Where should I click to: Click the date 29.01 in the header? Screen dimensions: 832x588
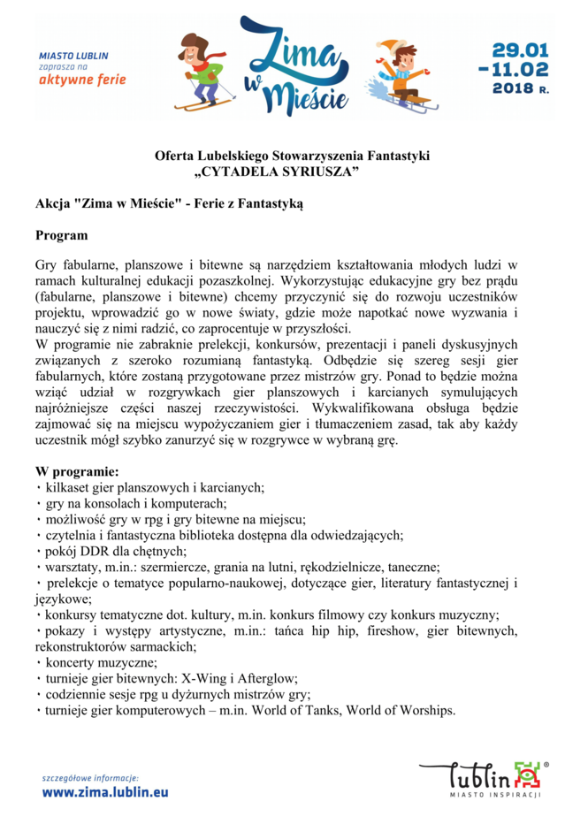[520, 49]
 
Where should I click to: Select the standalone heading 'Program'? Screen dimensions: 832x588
[62, 236]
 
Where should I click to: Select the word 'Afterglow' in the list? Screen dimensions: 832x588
[270, 678]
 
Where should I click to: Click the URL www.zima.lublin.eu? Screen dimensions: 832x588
[105, 793]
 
